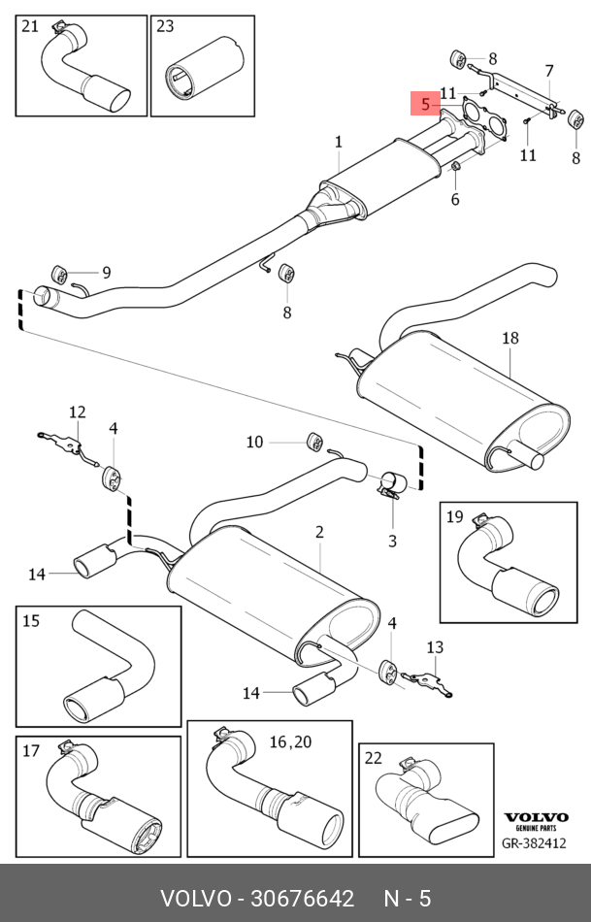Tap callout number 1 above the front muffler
click(339, 143)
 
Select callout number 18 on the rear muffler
click(510, 338)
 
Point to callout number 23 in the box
click(165, 26)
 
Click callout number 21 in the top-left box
click(30, 26)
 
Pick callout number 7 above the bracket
click(548, 71)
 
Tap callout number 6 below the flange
click(454, 199)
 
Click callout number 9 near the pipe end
click(106, 273)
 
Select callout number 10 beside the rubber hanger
click(254, 442)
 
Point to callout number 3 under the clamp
click(393, 541)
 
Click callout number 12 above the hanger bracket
click(77, 412)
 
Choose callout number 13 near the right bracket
click(435, 647)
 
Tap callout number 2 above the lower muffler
click(318, 532)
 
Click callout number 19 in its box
click(454, 516)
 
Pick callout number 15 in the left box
click(30, 620)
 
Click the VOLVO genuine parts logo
click(533, 820)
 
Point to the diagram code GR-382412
click(533, 844)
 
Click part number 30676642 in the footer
click(304, 899)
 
